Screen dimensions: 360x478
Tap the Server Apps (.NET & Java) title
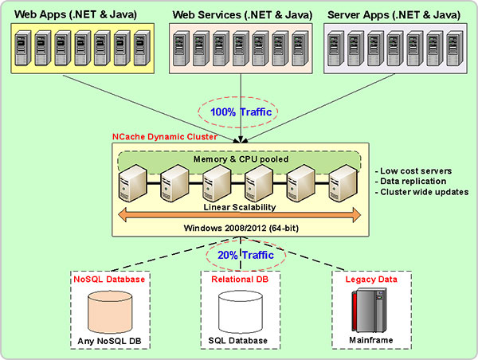tap(397, 14)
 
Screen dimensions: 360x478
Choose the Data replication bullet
tap(411, 182)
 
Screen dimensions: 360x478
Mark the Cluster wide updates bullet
tap(421, 194)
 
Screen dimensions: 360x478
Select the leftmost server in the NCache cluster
tap(131, 184)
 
